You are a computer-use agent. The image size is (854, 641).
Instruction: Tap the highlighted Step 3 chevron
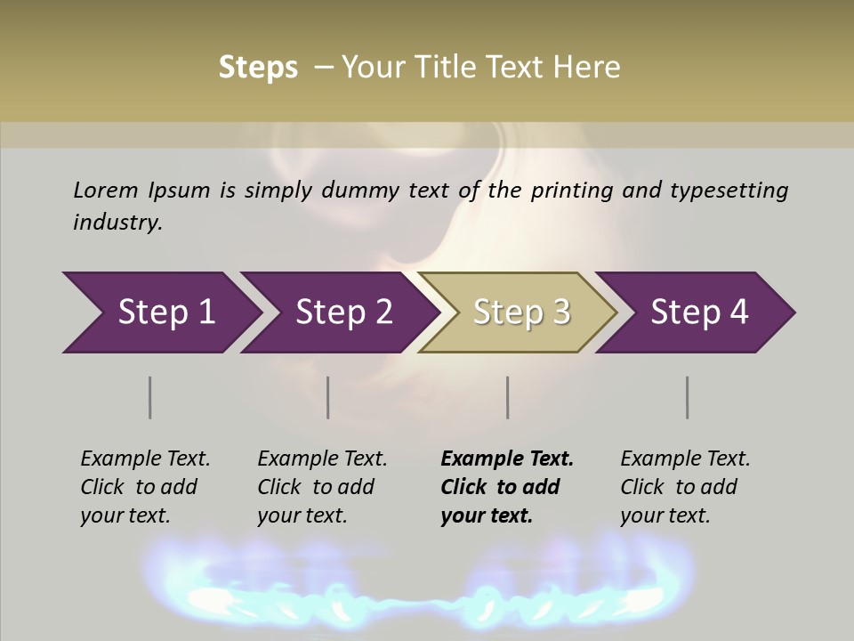click(521, 312)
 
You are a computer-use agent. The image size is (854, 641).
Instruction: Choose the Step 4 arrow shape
click(699, 312)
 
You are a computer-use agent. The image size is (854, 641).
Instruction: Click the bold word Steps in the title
click(258, 68)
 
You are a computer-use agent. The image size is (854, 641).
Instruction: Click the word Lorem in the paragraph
click(105, 191)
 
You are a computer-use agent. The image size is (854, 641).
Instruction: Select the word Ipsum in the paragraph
click(180, 191)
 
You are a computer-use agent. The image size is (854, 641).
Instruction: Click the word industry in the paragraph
click(117, 223)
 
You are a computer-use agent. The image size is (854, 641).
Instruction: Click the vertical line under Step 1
click(150, 397)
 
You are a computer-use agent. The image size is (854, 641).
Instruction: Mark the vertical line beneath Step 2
click(328, 397)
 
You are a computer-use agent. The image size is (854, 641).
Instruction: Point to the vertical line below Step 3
click(508, 397)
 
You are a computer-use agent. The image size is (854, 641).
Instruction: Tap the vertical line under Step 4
click(688, 397)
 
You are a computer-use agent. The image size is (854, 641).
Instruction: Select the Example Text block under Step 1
click(145, 487)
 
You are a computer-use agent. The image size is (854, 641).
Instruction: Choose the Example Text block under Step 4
click(685, 487)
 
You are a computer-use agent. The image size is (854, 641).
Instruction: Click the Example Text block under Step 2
click(322, 487)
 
